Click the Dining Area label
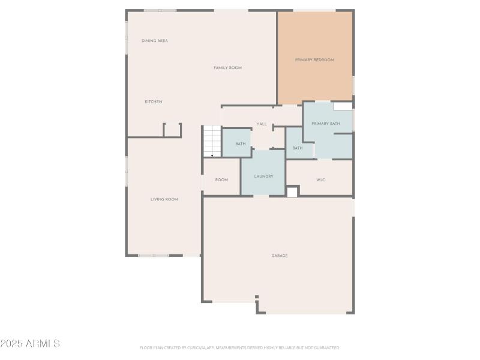pyautogui.click(x=154, y=41)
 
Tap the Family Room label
pyautogui.click(x=227, y=68)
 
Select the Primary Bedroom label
pyautogui.click(x=314, y=60)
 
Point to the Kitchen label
pyautogui.click(x=153, y=102)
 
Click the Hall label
pyautogui.click(x=262, y=124)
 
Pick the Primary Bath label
pyautogui.click(x=326, y=124)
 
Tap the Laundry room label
pyautogui.click(x=263, y=176)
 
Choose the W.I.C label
pyautogui.click(x=320, y=180)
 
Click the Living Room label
pyautogui.click(x=164, y=199)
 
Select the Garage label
pyautogui.click(x=280, y=256)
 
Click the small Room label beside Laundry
pyautogui.click(x=221, y=179)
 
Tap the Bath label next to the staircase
pyautogui.click(x=240, y=144)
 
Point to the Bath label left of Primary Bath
pyautogui.click(x=298, y=148)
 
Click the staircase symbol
pyautogui.click(x=211, y=140)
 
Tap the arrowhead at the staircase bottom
pyautogui.click(x=212, y=155)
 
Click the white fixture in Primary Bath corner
pyautogui.click(x=343, y=106)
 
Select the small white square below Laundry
pyautogui.click(x=292, y=192)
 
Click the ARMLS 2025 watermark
pyautogui.click(x=30, y=344)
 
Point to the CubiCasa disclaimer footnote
pyautogui.click(x=240, y=347)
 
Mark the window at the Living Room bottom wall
pyautogui.click(x=154, y=256)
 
